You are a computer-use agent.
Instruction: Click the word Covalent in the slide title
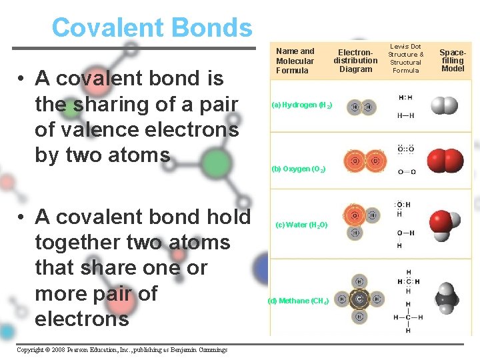click(109, 28)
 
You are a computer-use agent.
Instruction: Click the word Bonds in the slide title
click(212, 28)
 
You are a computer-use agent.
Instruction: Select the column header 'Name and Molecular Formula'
click(295, 61)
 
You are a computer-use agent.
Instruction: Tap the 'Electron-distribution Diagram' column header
click(355, 60)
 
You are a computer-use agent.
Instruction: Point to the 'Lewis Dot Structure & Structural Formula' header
click(405, 59)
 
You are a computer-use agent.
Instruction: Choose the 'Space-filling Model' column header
click(453, 59)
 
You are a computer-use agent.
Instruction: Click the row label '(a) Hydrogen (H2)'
click(302, 105)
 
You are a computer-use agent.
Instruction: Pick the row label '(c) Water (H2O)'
click(302, 225)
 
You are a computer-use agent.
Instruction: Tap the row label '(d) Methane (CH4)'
click(298, 301)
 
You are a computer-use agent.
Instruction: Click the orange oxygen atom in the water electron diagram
click(355, 215)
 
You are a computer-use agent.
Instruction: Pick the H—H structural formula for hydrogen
click(405, 115)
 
